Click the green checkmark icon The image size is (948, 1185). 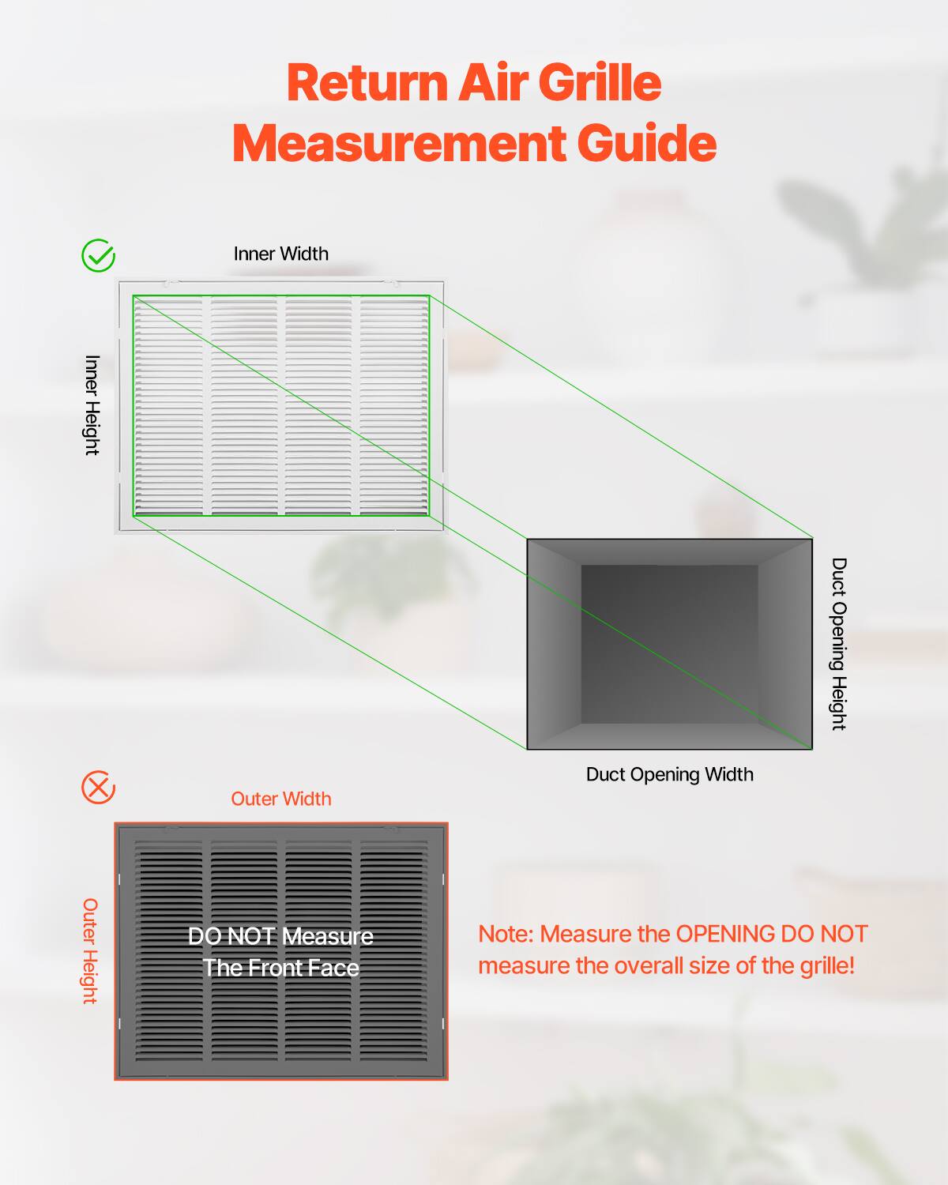click(x=99, y=256)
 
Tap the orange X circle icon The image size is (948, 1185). click(x=99, y=788)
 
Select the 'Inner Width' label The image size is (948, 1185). click(x=280, y=254)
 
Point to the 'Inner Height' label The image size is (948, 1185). click(x=92, y=404)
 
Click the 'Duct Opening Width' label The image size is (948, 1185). click(x=669, y=774)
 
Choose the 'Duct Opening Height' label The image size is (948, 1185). click(x=838, y=644)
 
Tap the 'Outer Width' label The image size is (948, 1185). click(x=280, y=799)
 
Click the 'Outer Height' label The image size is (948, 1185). click(x=90, y=950)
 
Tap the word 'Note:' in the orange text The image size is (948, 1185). click(x=506, y=934)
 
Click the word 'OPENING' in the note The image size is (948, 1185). click(x=725, y=934)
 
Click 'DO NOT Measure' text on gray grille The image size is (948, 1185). click(x=280, y=936)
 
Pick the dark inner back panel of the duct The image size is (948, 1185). click(x=669, y=644)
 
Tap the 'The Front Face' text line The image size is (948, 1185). click(x=280, y=968)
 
